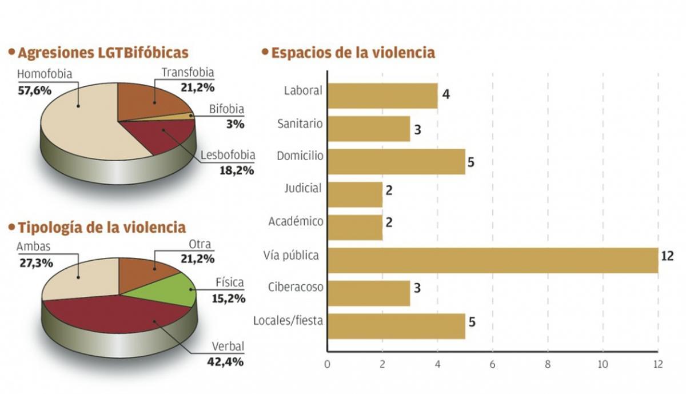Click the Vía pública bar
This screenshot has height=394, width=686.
492,260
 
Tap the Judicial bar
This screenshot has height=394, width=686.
354,194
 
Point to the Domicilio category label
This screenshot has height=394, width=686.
300,156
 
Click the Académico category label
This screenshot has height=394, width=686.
296,221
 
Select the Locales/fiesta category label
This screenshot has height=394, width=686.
288,320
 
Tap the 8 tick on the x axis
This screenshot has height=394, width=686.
548,364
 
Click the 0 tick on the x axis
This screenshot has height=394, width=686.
327,364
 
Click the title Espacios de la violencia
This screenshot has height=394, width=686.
353,53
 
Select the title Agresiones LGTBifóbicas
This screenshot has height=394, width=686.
103,53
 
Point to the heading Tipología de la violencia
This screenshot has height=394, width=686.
102,227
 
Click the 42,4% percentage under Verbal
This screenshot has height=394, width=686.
228,361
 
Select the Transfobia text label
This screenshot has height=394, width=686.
188,73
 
